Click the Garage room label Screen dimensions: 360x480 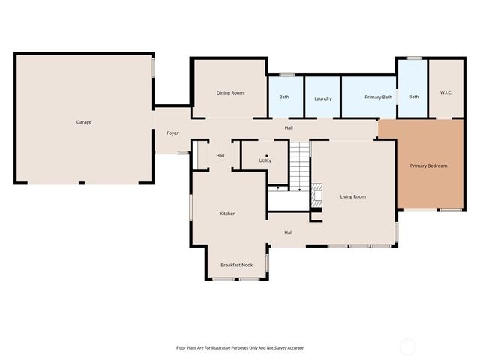click(83, 122)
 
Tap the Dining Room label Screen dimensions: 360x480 click(230, 92)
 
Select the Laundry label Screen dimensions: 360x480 click(323, 98)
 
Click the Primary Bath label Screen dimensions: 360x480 click(378, 97)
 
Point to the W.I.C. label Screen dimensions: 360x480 click(445, 92)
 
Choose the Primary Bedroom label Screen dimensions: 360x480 click(428, 166)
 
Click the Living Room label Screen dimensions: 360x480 click(352, 196)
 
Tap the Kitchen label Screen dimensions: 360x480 click(227, 214)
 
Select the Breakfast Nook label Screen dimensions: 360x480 click(236, 265)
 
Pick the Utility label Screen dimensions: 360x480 click(265, 160)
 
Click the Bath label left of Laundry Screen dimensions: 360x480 click(284, 97)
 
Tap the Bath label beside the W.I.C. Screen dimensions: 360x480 click(413, 97)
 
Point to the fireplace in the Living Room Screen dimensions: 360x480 click(316, 196)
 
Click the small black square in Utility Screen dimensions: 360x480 click(266, 155)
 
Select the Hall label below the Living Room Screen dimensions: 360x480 click(288, 232)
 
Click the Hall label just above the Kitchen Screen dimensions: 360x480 click(220, 156)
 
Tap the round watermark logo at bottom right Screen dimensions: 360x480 click(407, 346)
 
